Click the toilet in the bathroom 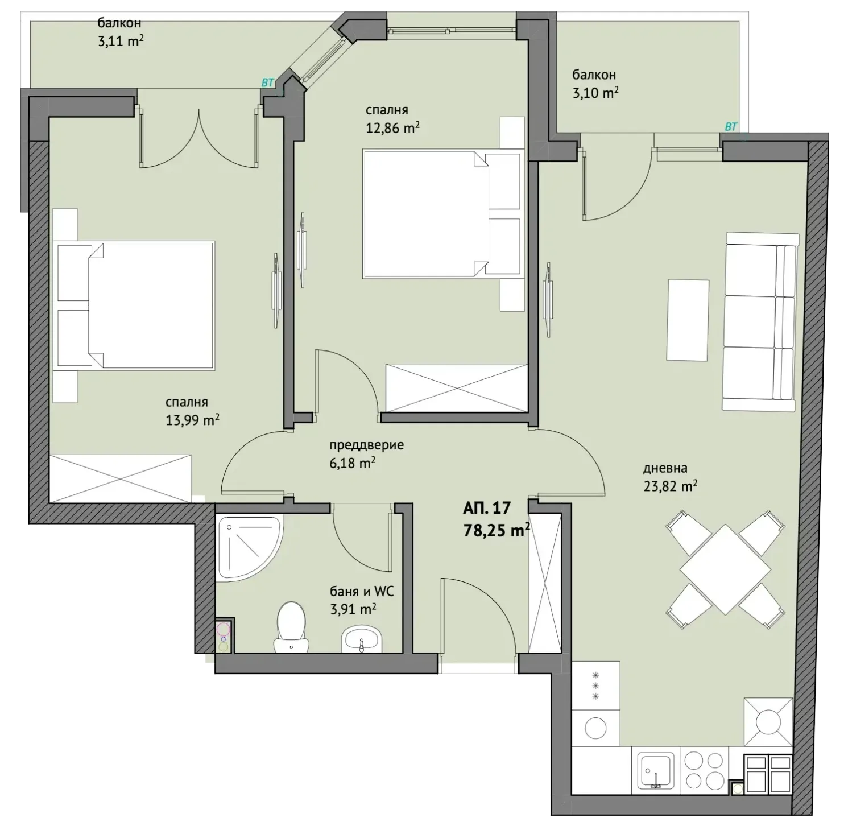pyautogui.click(x=291, y=627)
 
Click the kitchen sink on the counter pyautogui.click(x=656, y=771)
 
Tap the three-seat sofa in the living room pyautogui.click(x=760, y=321)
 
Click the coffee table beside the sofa pyautogui.click(x=688, y=320)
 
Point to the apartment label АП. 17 pyautogui.click(x=487, y=507)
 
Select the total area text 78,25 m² pyautogui.click(x=497, y=530)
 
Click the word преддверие pyautogui.click(x=366, y=445)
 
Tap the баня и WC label pyautogui.click(x=362, y=592)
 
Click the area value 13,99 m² pyautogui.click(x=192, y=420)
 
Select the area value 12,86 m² pyautogui.click(x=392, y=128)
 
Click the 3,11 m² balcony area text pyautogui.click(x=121, y=42)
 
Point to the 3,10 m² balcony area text pyautogui.click(x=595, y=93)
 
